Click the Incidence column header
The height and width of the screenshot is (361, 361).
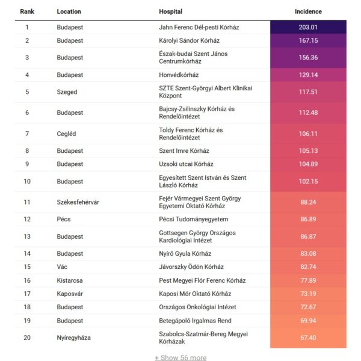[308, 11]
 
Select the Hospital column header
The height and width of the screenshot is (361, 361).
[171, 11]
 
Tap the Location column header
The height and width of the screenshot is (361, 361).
[69, 11]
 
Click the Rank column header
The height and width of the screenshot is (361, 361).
[26, 11]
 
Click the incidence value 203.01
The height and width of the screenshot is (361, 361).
[308, 27]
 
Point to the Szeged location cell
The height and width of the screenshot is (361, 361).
[67, 92]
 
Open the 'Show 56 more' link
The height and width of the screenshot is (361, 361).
[180, 357]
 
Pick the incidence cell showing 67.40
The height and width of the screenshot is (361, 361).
[308, 338]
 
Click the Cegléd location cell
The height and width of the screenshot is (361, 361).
[67, 133]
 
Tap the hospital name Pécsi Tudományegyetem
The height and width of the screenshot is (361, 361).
[193, 219]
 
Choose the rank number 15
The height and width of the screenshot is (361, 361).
[27, 267]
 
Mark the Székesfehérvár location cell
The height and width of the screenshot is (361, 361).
[78, 202]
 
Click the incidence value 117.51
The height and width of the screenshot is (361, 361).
[308, 92]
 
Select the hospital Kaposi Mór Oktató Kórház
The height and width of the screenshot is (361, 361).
[195, 294]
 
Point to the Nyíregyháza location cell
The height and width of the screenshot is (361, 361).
[74, 338]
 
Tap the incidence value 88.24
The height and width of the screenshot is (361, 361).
[308, 202]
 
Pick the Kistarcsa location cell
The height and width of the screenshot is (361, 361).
[69, 280]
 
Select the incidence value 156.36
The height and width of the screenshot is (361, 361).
[308, 58]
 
